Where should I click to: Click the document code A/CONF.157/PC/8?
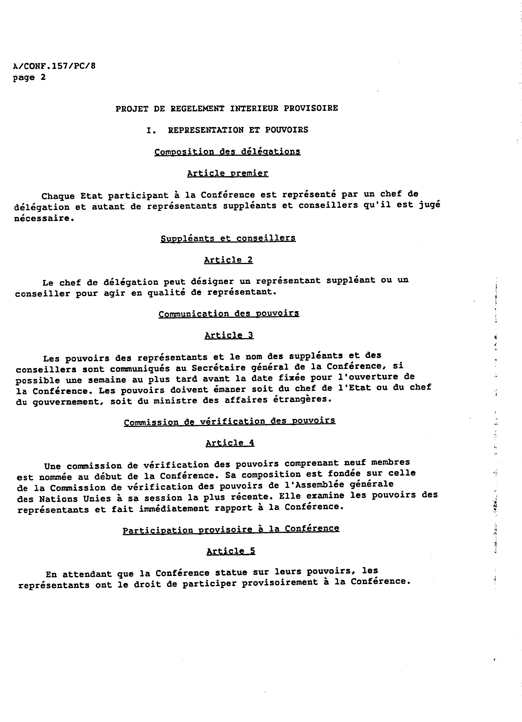pyautogui.click(x=54, y=66)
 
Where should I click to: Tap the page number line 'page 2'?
pyautogui.click(x=29, y=77)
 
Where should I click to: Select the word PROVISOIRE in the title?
pyautogui.click(x=311, y=108)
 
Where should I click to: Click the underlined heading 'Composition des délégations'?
pyautogui.click(x=228, y=152)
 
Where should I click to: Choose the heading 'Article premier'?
pyautogui.click(x=228, y=173)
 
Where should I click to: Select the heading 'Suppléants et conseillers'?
pyautogui.click(x=228, y=238)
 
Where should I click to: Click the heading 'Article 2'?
pyautogui.click(x=228, y=260)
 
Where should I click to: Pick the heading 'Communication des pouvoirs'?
pyautogui.click(x=229, y=314)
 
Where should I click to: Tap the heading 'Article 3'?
pyautogui.click(x=229, y=335)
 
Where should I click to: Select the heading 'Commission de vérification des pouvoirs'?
pyautogui.click(x=229, y=422)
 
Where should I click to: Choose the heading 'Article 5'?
pyautogui.click(x=231, y=551)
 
